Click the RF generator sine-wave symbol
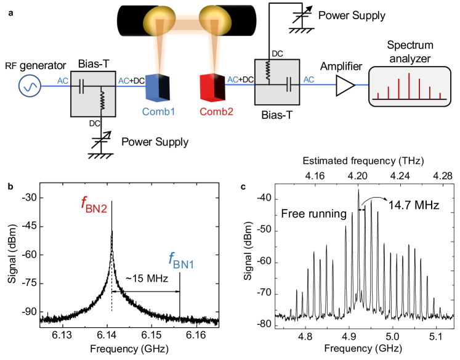(30, 88)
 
